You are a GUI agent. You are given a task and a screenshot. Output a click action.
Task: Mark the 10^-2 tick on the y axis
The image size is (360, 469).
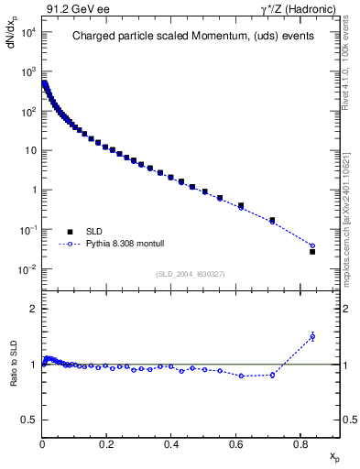tap(26, 269)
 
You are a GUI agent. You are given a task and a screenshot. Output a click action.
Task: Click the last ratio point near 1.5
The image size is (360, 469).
tap(312, 336)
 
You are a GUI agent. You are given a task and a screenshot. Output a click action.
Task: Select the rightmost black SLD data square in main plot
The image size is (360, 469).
tap(312, 251)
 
